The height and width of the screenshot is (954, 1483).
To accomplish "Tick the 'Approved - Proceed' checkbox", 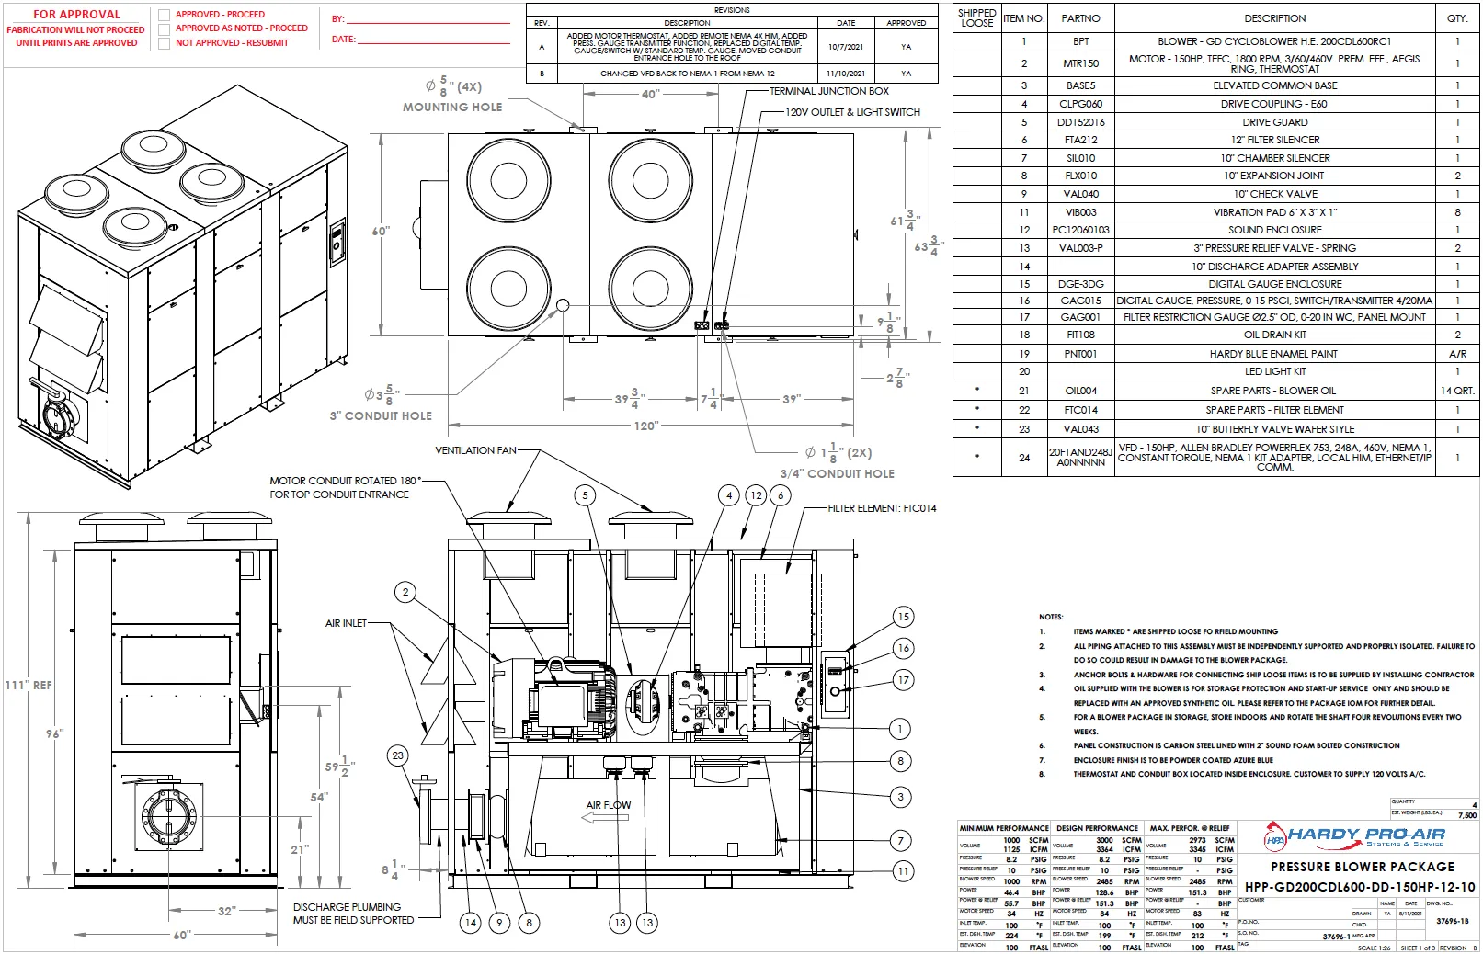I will (x=165, y=15).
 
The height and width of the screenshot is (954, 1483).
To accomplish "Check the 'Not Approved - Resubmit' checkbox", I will (x=165, y=43).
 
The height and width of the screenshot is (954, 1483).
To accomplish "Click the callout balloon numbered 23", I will (x=397, y=755).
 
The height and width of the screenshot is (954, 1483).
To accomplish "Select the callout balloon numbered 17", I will (x=903, y=680).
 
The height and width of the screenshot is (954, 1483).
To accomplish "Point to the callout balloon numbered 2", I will (x=405, y=592).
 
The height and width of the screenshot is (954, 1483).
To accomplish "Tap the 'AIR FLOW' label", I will (x=609, y=805).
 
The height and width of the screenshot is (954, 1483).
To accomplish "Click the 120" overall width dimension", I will (x=646, y=426).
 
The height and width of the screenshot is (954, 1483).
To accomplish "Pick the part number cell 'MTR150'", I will (x=1080, y=63).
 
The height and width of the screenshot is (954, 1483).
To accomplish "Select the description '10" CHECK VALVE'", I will (x=1274, y=194).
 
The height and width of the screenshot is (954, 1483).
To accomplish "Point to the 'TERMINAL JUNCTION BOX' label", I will (x=828, y=91).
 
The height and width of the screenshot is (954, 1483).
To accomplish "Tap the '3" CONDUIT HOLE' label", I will (x=381, y=415).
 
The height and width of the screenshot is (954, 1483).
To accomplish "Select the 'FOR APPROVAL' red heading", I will (x=76, y=14).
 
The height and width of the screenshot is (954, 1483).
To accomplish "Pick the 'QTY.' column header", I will (x=1456, y=18).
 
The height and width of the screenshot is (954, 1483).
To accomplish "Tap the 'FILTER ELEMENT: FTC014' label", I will (x=882, y=508).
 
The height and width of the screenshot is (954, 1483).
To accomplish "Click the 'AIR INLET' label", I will (x=346, y=623).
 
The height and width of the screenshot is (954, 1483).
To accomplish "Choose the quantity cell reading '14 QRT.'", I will (x=1457, y=391).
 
